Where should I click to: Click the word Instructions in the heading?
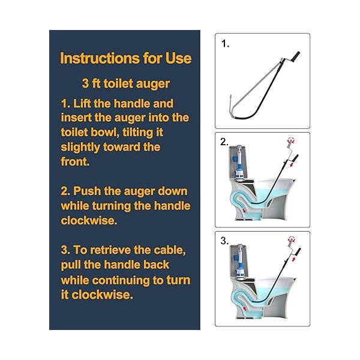[100, 58]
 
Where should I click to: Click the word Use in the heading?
[178, 58]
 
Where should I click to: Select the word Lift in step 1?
[82, 104]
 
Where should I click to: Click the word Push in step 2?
[87, 191]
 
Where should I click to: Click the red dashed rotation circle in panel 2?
[291, 140]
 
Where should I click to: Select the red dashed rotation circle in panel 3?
[292, 239]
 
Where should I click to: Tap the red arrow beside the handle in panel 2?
[292, 164]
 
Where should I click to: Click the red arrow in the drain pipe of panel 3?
[245, 308]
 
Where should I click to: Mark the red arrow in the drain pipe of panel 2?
[245, 211]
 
